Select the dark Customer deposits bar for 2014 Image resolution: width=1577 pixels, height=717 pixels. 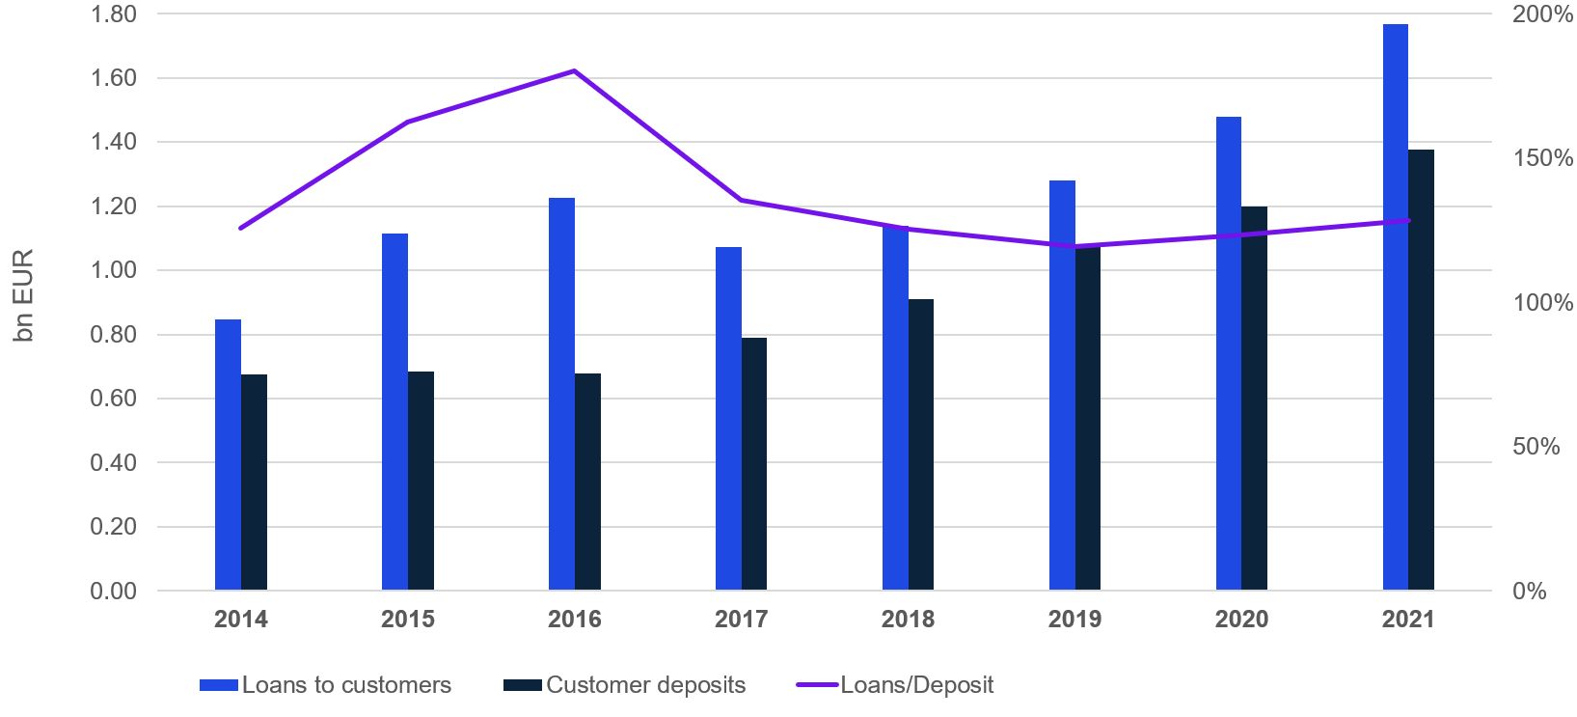(x=254, y=482)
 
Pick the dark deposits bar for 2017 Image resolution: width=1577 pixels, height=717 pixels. (x=754, y=463)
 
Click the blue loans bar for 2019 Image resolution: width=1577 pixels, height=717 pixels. (x=1062, y=385)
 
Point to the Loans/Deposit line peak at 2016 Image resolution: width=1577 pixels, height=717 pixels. (x=574, y=71)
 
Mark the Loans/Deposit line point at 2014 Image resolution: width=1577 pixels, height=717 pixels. (x=240, y=228)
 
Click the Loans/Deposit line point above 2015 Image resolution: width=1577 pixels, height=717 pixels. (x=407, y=123)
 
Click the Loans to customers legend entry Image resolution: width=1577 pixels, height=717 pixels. (x=326, y=685)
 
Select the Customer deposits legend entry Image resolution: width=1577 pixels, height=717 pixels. (x=625, y=685)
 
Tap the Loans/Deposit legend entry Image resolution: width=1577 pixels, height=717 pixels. (x=895, y=685)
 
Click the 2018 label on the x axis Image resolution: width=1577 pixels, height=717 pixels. (x=908, y=620)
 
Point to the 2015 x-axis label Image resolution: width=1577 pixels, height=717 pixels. (x=407, y=620)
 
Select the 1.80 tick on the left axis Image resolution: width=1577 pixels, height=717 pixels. (x=114, y=14)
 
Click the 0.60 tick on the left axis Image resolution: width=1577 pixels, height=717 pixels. (x=114, y=399)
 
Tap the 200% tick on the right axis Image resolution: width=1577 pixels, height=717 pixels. (x=1542, y=14)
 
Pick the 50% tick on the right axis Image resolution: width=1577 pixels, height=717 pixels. (x=1536, y=447)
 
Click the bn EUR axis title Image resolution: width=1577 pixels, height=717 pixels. (x=23, y=295)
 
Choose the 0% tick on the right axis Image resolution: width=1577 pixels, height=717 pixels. (x=1529, y=591)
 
